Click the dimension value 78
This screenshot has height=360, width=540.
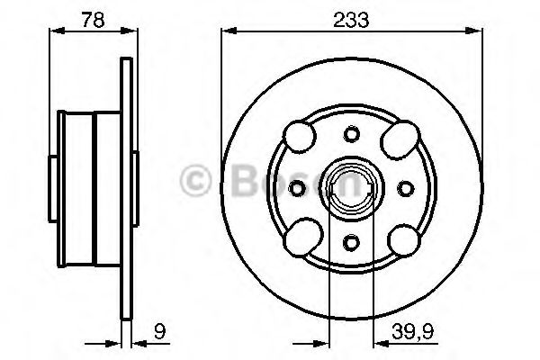pos(93,20)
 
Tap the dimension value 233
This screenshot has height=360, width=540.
pos(351,20)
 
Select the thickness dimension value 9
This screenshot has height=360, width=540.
pos(159,331)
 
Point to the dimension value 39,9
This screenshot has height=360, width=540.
pos(412,331)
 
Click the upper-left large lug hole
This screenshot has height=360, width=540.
pos(300,137)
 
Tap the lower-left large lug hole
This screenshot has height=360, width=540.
pos(303,238)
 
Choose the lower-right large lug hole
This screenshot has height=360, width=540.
pos(404,240)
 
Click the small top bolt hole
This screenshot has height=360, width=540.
pos(352,134)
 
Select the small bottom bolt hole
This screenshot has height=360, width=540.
pos(352,242)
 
